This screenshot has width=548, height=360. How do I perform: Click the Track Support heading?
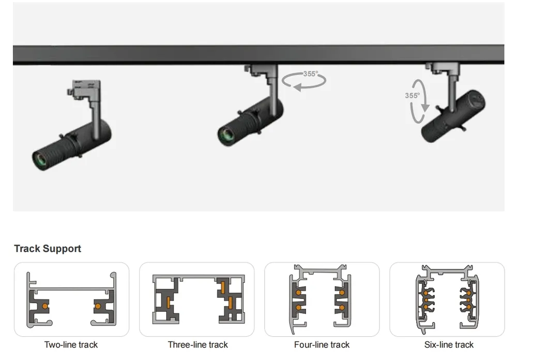pos(48,249)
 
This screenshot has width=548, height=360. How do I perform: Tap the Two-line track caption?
pos(71,344)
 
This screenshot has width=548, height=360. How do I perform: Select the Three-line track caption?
pos(197,344)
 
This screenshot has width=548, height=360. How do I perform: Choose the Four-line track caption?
pos(322,344)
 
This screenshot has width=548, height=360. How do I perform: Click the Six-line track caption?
pos(449,344)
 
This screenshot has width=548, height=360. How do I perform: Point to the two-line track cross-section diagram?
pos(71,299)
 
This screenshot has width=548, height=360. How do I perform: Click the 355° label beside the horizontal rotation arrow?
pos(310,74)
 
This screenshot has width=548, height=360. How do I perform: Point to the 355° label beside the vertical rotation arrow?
pos(412,96)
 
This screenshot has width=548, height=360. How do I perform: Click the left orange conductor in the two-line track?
pos(45,306)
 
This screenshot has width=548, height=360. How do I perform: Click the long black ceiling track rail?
pos(258,54)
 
